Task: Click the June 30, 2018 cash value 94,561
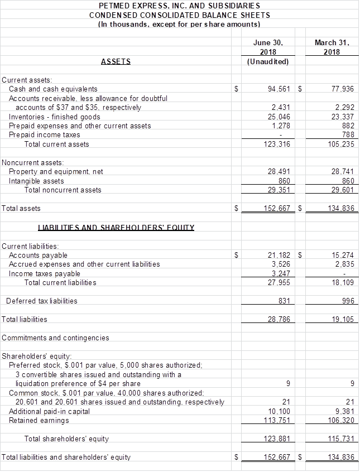tap(279, 89)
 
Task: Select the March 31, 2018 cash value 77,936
tap(342, 89)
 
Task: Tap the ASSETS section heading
tap(116, 61)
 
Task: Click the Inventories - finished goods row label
tap(55, 117)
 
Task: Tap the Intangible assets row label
tap(36, 181)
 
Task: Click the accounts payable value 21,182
tap(279, 255)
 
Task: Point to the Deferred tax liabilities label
tap(42, 301)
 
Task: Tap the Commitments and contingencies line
tap(56, 338)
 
